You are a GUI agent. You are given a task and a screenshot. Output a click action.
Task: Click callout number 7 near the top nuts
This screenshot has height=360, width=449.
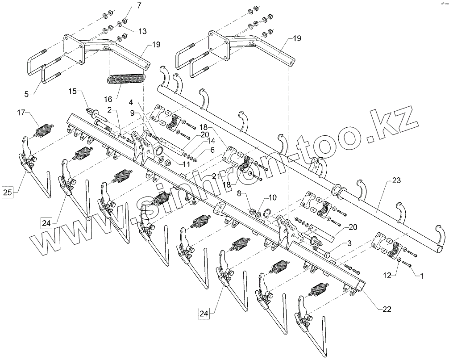[x=138, y=6]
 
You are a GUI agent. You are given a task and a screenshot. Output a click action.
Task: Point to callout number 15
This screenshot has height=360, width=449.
[x=73, y=92]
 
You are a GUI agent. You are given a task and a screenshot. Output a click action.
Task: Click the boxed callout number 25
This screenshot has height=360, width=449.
[x=8, y=193]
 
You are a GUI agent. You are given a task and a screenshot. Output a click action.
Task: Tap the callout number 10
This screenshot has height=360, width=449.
[x=273, y=197]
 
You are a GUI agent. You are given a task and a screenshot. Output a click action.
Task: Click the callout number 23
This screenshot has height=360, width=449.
[x=396, y=181]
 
